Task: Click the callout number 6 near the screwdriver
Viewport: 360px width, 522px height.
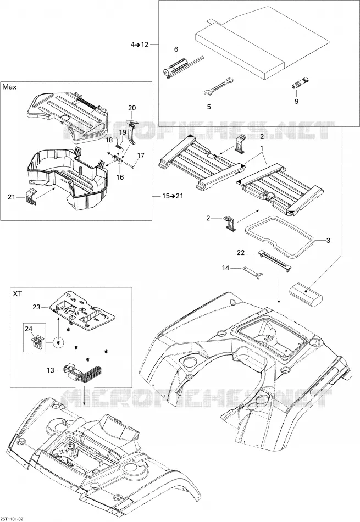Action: point(176,49)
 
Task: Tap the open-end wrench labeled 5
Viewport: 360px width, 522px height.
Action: point(218,87)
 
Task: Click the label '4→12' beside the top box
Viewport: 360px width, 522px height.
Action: point(140,45)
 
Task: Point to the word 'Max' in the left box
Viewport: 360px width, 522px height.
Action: point(9,87)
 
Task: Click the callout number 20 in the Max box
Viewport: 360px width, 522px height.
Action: point(132,108)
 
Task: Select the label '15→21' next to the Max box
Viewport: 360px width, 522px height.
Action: point(173,196)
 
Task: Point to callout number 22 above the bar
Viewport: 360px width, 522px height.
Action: point(241,253)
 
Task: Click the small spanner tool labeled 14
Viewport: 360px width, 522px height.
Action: point(253,271)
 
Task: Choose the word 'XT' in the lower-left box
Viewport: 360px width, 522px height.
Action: point(18,293)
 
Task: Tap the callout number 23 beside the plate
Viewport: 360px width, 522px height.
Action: point(36,307)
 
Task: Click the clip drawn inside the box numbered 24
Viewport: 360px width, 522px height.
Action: point(38,342)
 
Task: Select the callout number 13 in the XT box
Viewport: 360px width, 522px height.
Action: point(50,370)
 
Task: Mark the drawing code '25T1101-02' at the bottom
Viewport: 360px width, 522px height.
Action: point(12,519)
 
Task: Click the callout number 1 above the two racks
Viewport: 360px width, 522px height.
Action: point(262,148)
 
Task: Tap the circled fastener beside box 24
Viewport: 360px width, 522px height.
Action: point(58,342)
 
